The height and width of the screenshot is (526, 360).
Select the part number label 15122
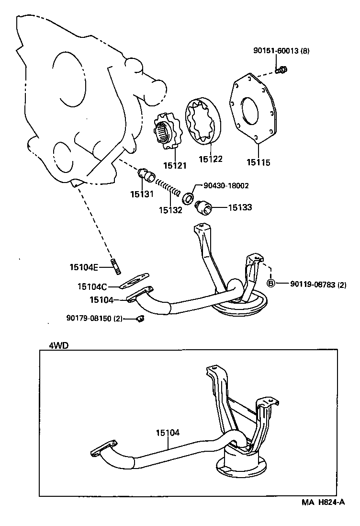click(x=211, y=159)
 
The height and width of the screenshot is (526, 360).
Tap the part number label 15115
click(x=259, y=162)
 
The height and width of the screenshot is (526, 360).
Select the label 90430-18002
click(x=226, y=185)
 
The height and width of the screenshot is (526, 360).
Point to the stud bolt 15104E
click(x=116, y=267)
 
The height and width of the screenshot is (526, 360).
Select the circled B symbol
click(x=271, y=283)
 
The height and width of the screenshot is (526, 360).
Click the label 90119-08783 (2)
click(x=317, y=284)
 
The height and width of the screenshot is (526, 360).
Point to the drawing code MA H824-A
click(x=323, y=502)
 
